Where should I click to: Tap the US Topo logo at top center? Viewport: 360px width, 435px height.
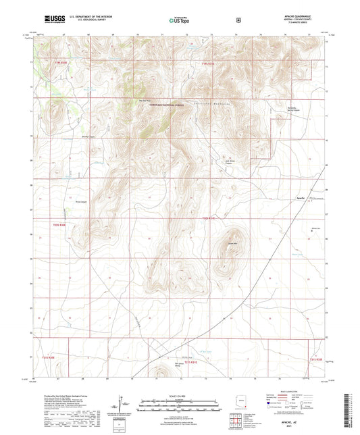coord(179,21)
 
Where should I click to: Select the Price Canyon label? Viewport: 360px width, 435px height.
coord(80,201)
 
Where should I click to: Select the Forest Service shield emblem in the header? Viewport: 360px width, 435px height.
coord(238,20)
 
